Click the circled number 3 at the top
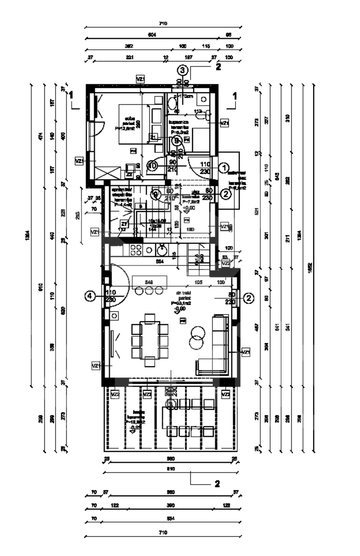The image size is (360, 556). point(182,69)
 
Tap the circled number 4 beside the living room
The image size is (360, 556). point(91,296)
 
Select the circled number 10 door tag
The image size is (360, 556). point(152,166)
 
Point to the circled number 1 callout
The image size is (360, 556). point(224,167)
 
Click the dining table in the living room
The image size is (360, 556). point(149,340)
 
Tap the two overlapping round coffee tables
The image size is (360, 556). point(196,336)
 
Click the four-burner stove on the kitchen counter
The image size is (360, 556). point(136,251)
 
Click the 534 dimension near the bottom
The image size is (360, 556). point(170,519)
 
